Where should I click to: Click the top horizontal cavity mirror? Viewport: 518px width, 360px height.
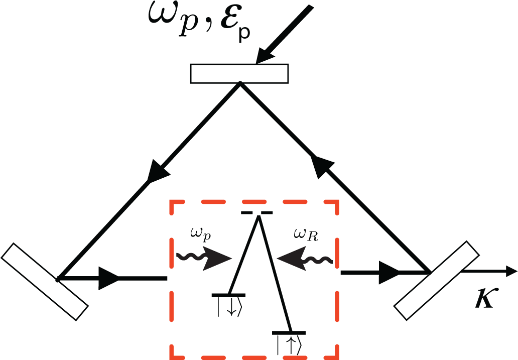(x=239, y=73)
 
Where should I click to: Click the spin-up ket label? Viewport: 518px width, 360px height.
(x=289, y=344)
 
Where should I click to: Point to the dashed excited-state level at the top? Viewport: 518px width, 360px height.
(x=257, y=213)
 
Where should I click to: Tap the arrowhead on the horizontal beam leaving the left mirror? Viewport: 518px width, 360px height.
(x=107, y=278)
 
